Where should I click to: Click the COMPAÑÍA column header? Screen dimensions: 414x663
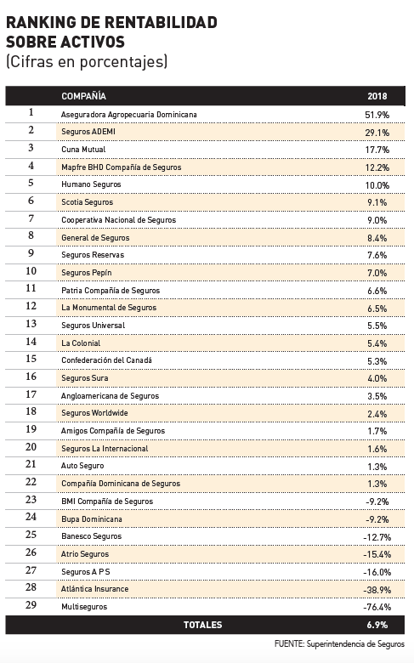click(83, 96)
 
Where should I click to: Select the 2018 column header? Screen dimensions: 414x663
click(377, 96)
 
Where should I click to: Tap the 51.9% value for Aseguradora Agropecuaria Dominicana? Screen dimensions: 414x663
click(377, 115)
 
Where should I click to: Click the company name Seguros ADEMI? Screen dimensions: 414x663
click(88, 132)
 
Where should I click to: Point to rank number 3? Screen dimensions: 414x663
click(31, 148)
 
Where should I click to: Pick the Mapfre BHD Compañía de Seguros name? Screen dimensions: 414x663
click(122, 167)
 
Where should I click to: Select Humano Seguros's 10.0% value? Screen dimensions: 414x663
click(377, 185)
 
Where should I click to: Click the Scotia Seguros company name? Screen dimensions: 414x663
click(87, 202)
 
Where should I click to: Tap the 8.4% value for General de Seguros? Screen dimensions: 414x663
click(377, 238)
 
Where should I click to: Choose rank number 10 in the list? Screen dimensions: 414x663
click(31, 271)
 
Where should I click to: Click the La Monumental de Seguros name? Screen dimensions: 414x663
click(109, 308)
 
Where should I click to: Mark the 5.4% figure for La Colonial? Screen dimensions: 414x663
click(377, 343)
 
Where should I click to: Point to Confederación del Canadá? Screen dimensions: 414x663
click(106, 360)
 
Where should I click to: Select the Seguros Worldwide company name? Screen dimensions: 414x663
click(94, 413)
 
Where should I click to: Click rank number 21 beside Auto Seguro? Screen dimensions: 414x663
click(31, 464)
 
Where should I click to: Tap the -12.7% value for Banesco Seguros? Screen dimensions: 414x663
click(377, 537)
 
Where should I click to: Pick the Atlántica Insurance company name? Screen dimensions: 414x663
click(94, 588)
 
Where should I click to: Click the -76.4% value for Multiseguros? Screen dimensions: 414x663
click(377, 607)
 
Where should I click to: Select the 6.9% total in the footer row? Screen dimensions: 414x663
click(377, 625)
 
